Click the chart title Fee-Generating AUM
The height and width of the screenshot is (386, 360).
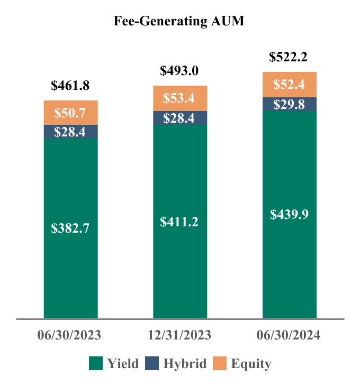[x=179, y=21]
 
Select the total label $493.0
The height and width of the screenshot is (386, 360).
[x=179, y=70]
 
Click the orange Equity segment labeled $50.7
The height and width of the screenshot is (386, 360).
[x=70, y=113]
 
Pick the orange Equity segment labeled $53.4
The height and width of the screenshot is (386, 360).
[x=179, y=98]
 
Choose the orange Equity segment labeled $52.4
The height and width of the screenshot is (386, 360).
[x=289, y=85]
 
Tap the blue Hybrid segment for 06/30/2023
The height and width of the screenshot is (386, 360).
[x=70, y=132]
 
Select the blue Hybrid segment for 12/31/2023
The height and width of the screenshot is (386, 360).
[x=179, y=118]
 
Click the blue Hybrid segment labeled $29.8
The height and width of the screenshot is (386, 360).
[x=289, y=104]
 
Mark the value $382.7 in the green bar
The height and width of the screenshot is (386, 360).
[x=70, y=229]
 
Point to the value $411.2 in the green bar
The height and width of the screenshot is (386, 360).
[x=179, y=222]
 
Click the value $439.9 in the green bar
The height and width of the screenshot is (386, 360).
[x=289, y=214]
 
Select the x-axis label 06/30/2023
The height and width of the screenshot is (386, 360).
[x=70, y=335]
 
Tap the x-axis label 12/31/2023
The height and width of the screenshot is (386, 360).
[x=179, y=335]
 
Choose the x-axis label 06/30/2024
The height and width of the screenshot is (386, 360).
[x=289, y=335]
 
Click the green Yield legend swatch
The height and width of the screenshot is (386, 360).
[x=96, y=363]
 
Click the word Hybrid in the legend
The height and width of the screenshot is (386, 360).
[x=184, y=364]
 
